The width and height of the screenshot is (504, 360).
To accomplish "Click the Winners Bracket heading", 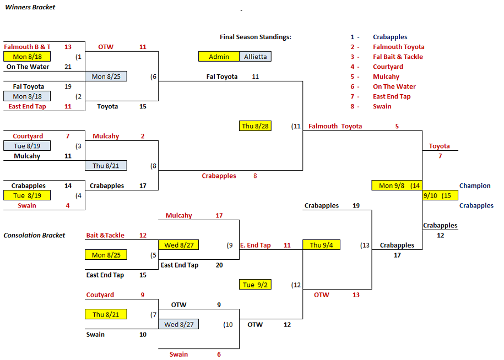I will click(30, 7).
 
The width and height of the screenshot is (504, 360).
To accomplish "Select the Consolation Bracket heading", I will click(34, 235).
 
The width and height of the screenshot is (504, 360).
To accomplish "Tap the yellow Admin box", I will click(219, 57).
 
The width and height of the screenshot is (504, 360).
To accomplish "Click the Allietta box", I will click(255, 57).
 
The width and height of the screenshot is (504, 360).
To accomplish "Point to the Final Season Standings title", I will click(255, 37).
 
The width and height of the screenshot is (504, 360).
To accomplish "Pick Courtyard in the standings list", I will click(388, 67).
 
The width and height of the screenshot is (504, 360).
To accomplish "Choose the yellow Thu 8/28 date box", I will click(255, 126).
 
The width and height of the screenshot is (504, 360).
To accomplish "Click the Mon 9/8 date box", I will click(392, 186).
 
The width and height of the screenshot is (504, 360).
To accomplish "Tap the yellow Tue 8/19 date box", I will click(26, 195).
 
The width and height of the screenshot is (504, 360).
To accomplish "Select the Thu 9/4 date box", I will click(321, 245).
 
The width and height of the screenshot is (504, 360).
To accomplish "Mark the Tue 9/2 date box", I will click(255, 285).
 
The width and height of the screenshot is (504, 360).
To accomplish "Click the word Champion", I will click(475, 186).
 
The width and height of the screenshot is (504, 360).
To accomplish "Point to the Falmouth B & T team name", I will click(27, 47).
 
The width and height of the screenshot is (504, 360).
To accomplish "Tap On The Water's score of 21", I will click(68, 67).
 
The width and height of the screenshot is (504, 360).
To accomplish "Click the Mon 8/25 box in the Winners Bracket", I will click(106, 77).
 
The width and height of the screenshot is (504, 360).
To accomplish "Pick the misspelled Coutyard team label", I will click(100, 294).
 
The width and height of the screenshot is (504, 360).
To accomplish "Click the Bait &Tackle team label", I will click(105, 235).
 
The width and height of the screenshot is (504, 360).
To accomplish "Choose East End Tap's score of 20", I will click(219, 265).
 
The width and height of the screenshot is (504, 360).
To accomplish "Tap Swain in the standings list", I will click(382, 106).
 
